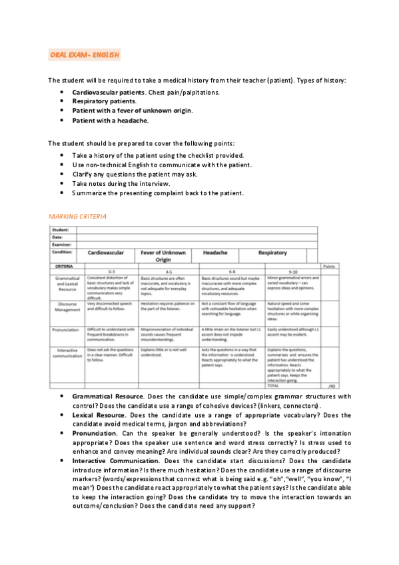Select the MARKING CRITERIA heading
(77, 217)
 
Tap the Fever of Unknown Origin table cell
(162, 257)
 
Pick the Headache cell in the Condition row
(215, 253)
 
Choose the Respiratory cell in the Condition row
(272, 253)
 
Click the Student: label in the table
(61, 230)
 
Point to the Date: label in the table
(59, 237)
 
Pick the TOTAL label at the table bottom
(272, 385)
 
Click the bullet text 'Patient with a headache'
(110, 121)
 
